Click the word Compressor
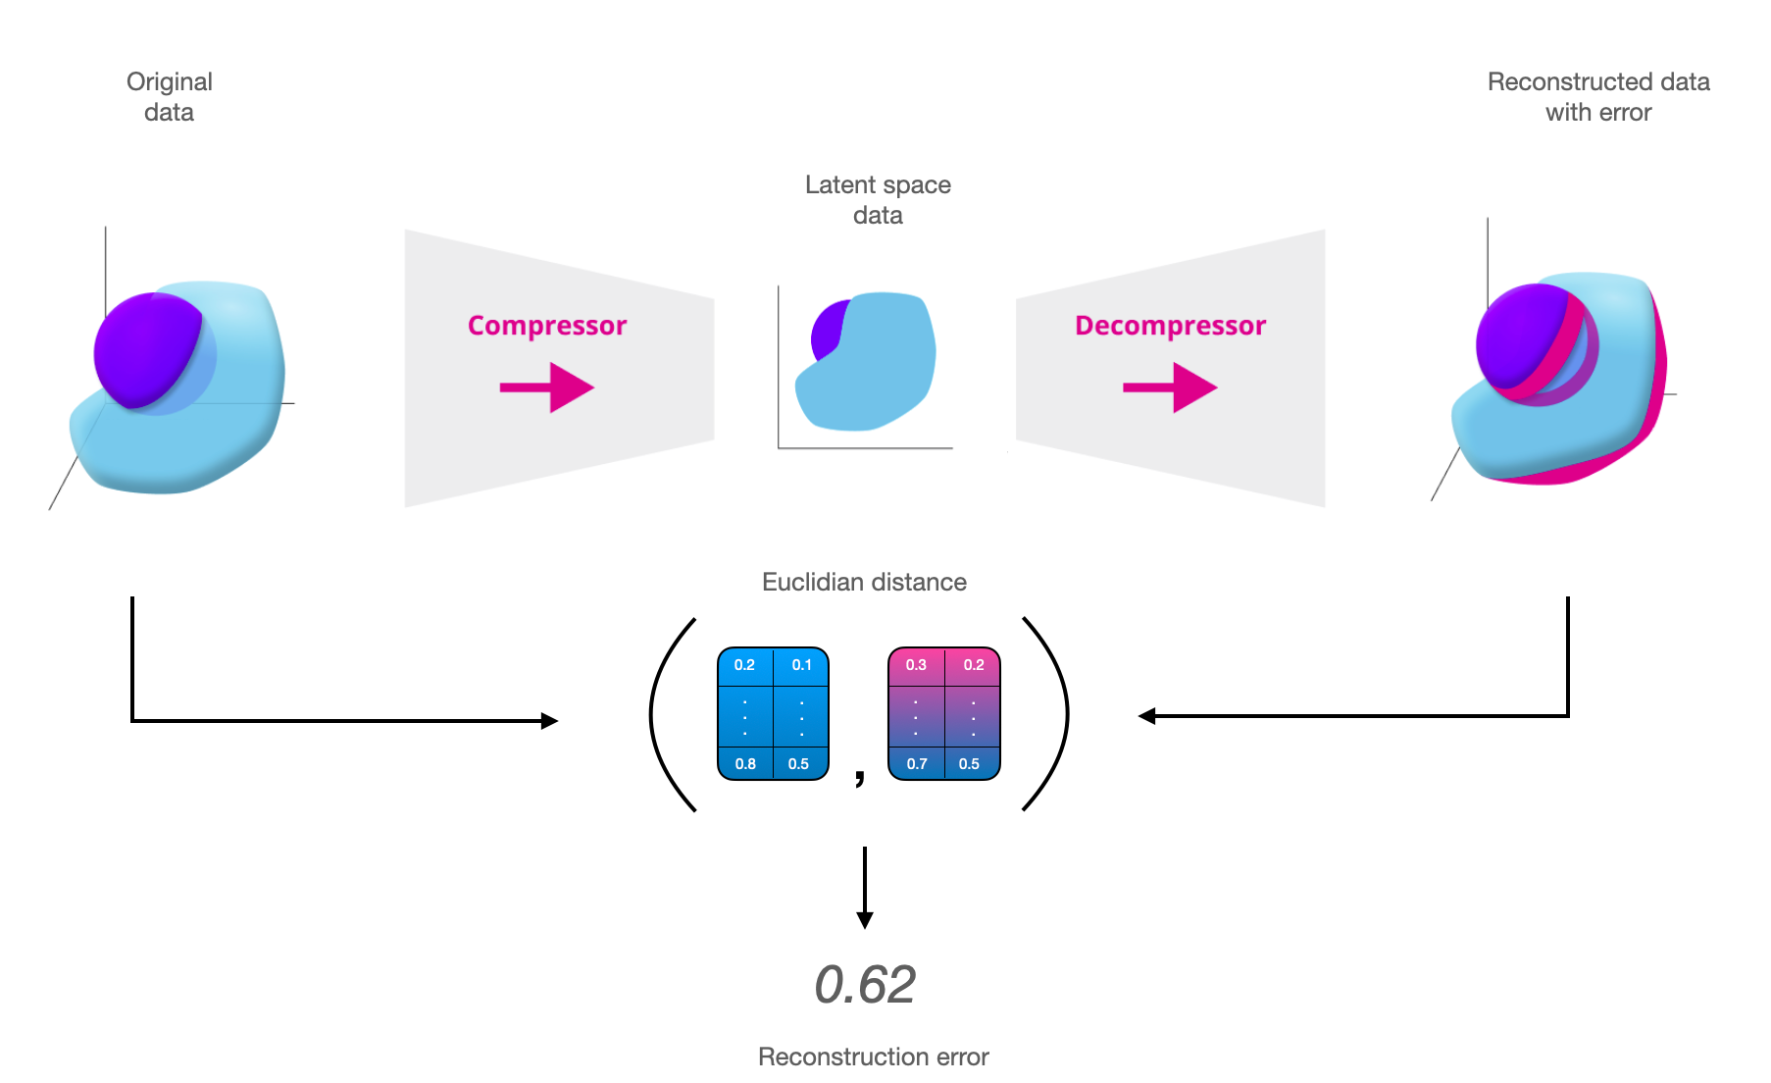[x=546, y=326]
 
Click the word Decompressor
[x=1170, y=326]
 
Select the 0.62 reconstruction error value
[x=865, y=984]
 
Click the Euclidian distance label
[x=864, y=582]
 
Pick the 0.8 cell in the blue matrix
[x=745, y=763]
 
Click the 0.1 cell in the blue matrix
[x=801, y=665]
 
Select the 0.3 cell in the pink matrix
[x=916, y=665]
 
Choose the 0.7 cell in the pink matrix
[x=917, y=763]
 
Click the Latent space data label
[x=878, y=199]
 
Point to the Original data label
[x=169, y=96]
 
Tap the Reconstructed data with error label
[x=1598, y=96]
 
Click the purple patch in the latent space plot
[x=827, y=332]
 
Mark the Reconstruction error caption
[x=873, y=1057]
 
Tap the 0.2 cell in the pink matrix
[x=973, y=665]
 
